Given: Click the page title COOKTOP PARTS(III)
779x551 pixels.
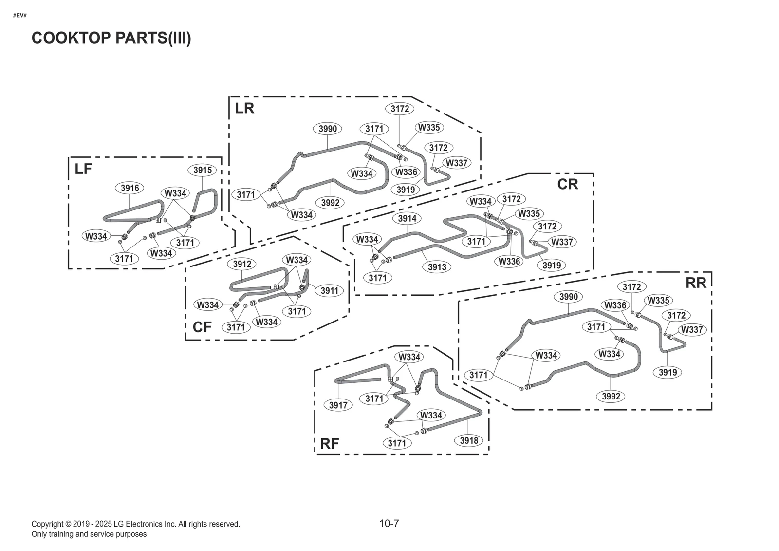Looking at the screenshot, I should pos(111,38).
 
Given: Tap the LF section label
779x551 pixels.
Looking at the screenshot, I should pos(83,169).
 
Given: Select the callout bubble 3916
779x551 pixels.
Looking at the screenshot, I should pos(130,188).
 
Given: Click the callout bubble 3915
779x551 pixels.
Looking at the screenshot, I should pos(203,170).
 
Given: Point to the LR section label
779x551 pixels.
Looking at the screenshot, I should pos(244,108).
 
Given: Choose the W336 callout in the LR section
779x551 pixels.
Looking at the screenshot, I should pos(406,171).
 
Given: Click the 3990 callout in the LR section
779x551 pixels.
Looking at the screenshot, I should pos(328,129).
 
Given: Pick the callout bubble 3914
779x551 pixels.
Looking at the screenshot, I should pos(407,218).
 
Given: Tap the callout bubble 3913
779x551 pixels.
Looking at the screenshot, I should pos(437,266).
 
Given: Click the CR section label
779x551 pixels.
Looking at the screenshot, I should pos(568,184).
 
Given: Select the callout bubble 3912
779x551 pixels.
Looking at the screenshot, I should pos(242,264).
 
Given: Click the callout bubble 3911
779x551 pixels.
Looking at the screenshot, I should pos(330,290).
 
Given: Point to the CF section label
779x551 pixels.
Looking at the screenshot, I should pos(202,327).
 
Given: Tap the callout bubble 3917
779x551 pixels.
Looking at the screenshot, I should pos(338,405).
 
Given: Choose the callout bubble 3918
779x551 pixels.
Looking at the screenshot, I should pos(469,440).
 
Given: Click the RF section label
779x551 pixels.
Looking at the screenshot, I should pos(330,443).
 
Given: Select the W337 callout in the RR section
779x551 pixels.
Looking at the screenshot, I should pos(692,329).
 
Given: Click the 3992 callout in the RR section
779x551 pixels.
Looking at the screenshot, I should pos(611,396).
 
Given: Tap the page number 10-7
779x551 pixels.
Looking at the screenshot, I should pos(389,524).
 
